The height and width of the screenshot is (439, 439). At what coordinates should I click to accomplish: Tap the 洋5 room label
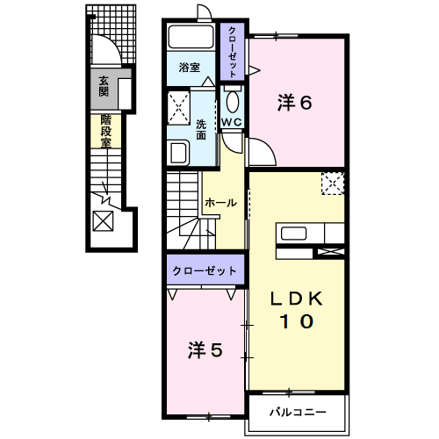click(x=204, y=350)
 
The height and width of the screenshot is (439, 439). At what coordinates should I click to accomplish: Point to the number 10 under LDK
click(x=295, y=322)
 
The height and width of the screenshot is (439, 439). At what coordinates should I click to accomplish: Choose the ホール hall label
click(x=220, y=203)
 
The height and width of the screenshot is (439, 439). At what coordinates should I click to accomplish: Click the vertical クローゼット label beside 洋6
click(x=232, y=52)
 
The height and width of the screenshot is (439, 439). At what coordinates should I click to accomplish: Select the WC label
click(x=232, y=122)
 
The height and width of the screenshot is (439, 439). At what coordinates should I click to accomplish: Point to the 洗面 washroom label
click(x=201, y=130)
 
